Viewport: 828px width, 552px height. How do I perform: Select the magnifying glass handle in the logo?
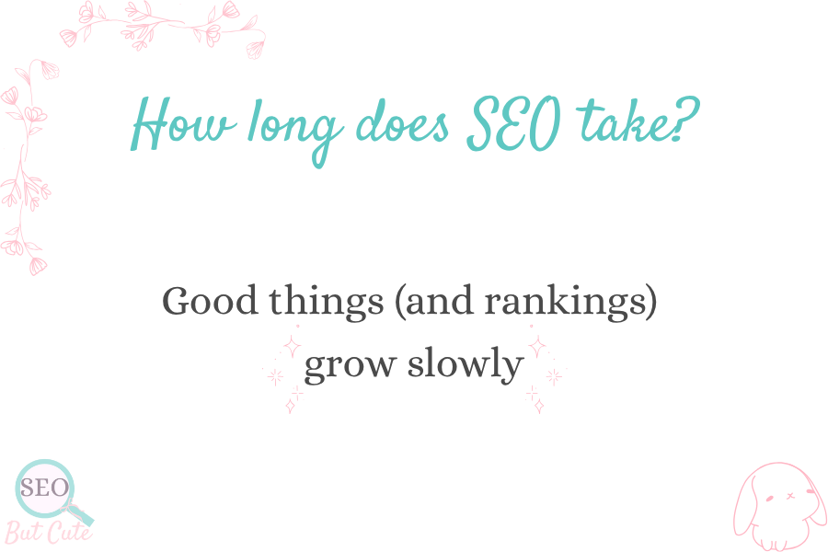(81, 513)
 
